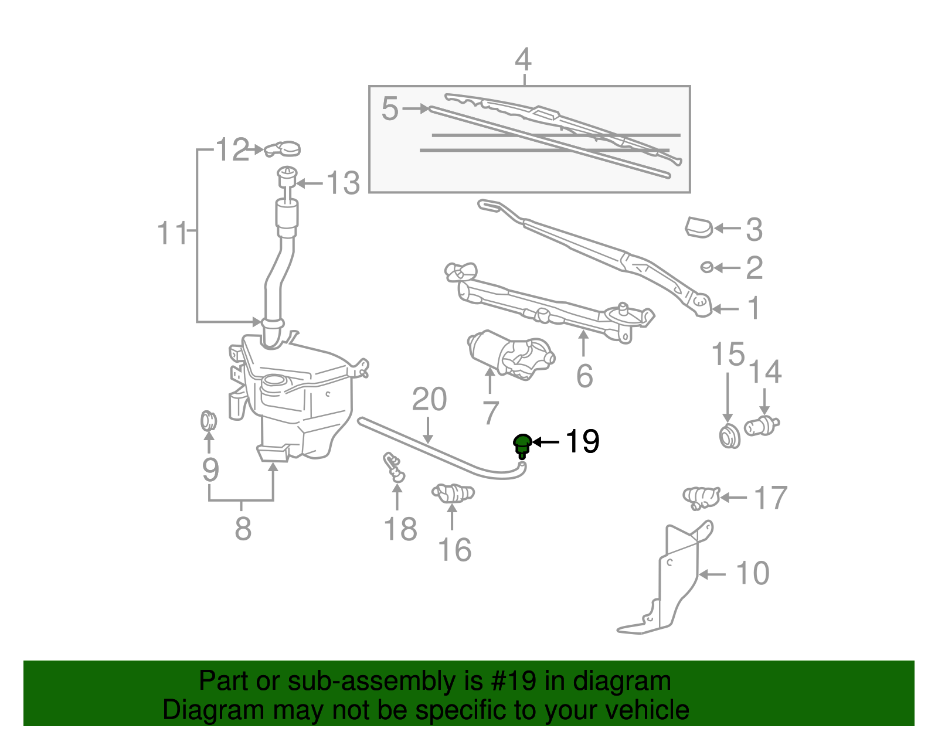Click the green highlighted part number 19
(x=522, y=445)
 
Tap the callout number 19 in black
(x=582, y=441)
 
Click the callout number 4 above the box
(x=523, y=60)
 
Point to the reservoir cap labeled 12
(x=283, y=149)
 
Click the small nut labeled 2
(x=707, y=267)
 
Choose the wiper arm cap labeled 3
(x=699, y=227)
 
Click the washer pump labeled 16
(x=453, y=493)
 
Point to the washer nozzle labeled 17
(x=701, y=497)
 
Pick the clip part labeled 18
(x=394, y=467)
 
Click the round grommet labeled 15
(x=729, y=437)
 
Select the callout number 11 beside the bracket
(x=172, y=233)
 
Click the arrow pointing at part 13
(x=308, y=183)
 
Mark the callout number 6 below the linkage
(x=584, y=376)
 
